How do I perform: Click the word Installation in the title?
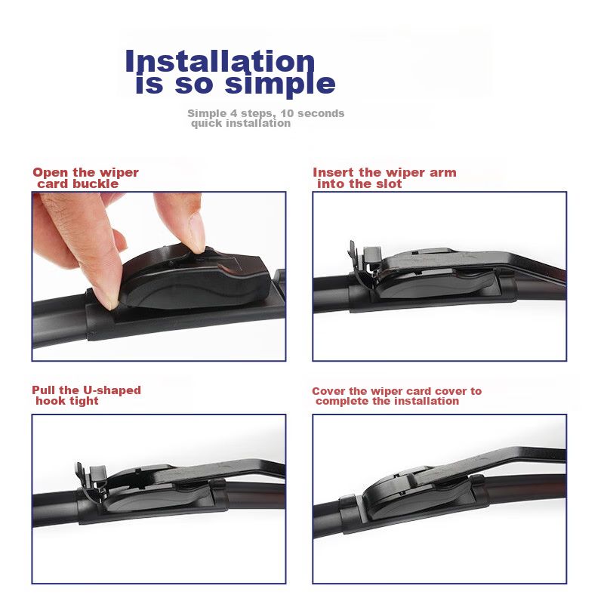[x=220, y=62]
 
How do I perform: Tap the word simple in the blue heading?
[x=280, y=84]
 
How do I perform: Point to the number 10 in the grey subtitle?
[x=287, y=113]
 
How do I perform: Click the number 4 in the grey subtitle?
[x=234, y=113]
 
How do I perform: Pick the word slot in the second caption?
[x=389, y=183]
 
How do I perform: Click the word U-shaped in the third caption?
[x=112, y=390]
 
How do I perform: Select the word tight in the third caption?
[x=84, y=401]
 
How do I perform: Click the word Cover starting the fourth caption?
[x=329, y=391]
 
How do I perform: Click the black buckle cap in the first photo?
[x=195, y=277]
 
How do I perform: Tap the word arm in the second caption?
[x=443, y=173]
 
